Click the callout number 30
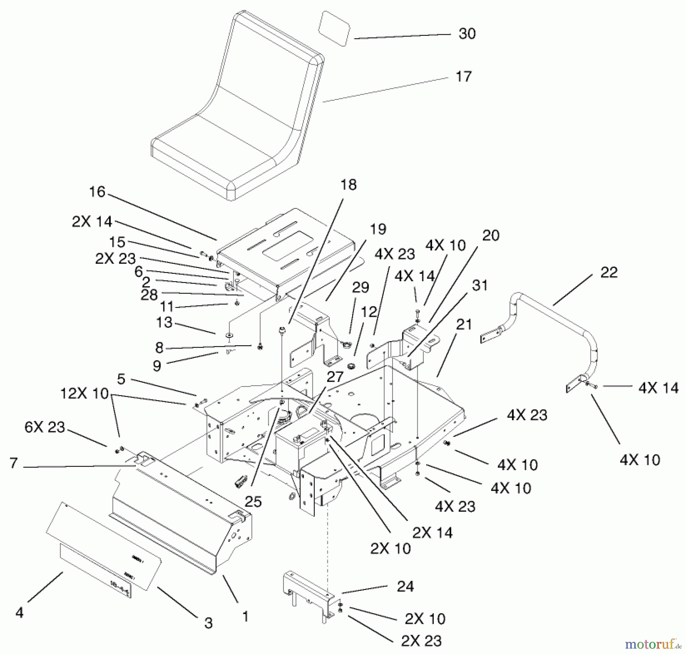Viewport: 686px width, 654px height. point(467,34)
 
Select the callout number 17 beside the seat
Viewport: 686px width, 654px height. point(463,77)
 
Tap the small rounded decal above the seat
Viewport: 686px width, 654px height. point(334,29)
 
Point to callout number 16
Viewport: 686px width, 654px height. point(97,192)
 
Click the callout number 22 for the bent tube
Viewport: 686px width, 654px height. point(609,272)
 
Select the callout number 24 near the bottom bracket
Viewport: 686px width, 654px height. point(405,586)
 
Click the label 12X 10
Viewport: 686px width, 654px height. point(85,393)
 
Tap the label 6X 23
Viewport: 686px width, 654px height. point(45,427)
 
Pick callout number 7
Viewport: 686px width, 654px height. point(14,463)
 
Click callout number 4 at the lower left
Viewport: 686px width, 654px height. point(19,612)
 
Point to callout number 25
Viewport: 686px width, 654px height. point(253,502)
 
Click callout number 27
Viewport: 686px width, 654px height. point(335,377)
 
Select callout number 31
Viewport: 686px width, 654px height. point(479,285)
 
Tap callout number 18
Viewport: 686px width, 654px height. point(349,185)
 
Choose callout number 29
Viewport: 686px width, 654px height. point(361,287)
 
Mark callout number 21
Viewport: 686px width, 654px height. point(464,325)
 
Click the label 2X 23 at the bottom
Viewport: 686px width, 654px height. point(421,641)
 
